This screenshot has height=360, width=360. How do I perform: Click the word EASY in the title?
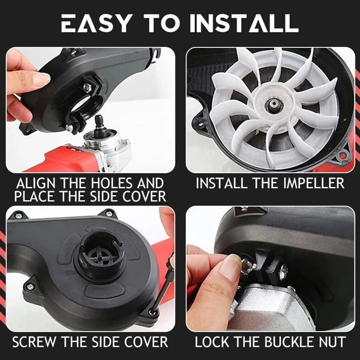(95, 23)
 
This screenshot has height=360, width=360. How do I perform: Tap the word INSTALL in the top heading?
(244, 23)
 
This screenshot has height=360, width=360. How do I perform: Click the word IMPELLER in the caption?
(309, 183)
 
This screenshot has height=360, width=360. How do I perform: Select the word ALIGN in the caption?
(37, 184)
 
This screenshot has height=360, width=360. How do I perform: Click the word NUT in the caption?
(329, 342)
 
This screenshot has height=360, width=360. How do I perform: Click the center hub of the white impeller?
(272, 106)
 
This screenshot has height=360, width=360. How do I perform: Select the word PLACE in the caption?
(35, 197)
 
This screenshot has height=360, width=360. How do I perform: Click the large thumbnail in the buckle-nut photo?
(230, 268)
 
